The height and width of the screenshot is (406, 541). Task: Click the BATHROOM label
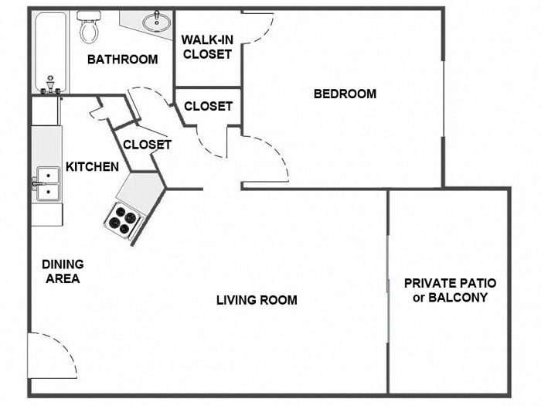[x=122, y=60]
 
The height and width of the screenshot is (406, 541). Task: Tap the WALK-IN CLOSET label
[x=206, y=47]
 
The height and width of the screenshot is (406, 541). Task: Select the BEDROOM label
[x=345, y=94]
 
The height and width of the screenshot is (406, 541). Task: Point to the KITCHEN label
[x=92, y=166]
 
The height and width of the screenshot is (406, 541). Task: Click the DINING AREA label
[x=63, y=271]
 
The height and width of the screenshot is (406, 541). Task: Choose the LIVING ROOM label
[x=257, y=300]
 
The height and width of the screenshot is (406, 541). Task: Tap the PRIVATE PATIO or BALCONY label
[x=450, y=290]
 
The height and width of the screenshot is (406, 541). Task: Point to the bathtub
[x=50, y=50]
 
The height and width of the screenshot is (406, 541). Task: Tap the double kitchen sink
[x=47, y=184]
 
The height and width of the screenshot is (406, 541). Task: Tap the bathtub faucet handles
[x=51, y=85]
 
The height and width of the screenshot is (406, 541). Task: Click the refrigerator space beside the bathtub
[x=46, y=111]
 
